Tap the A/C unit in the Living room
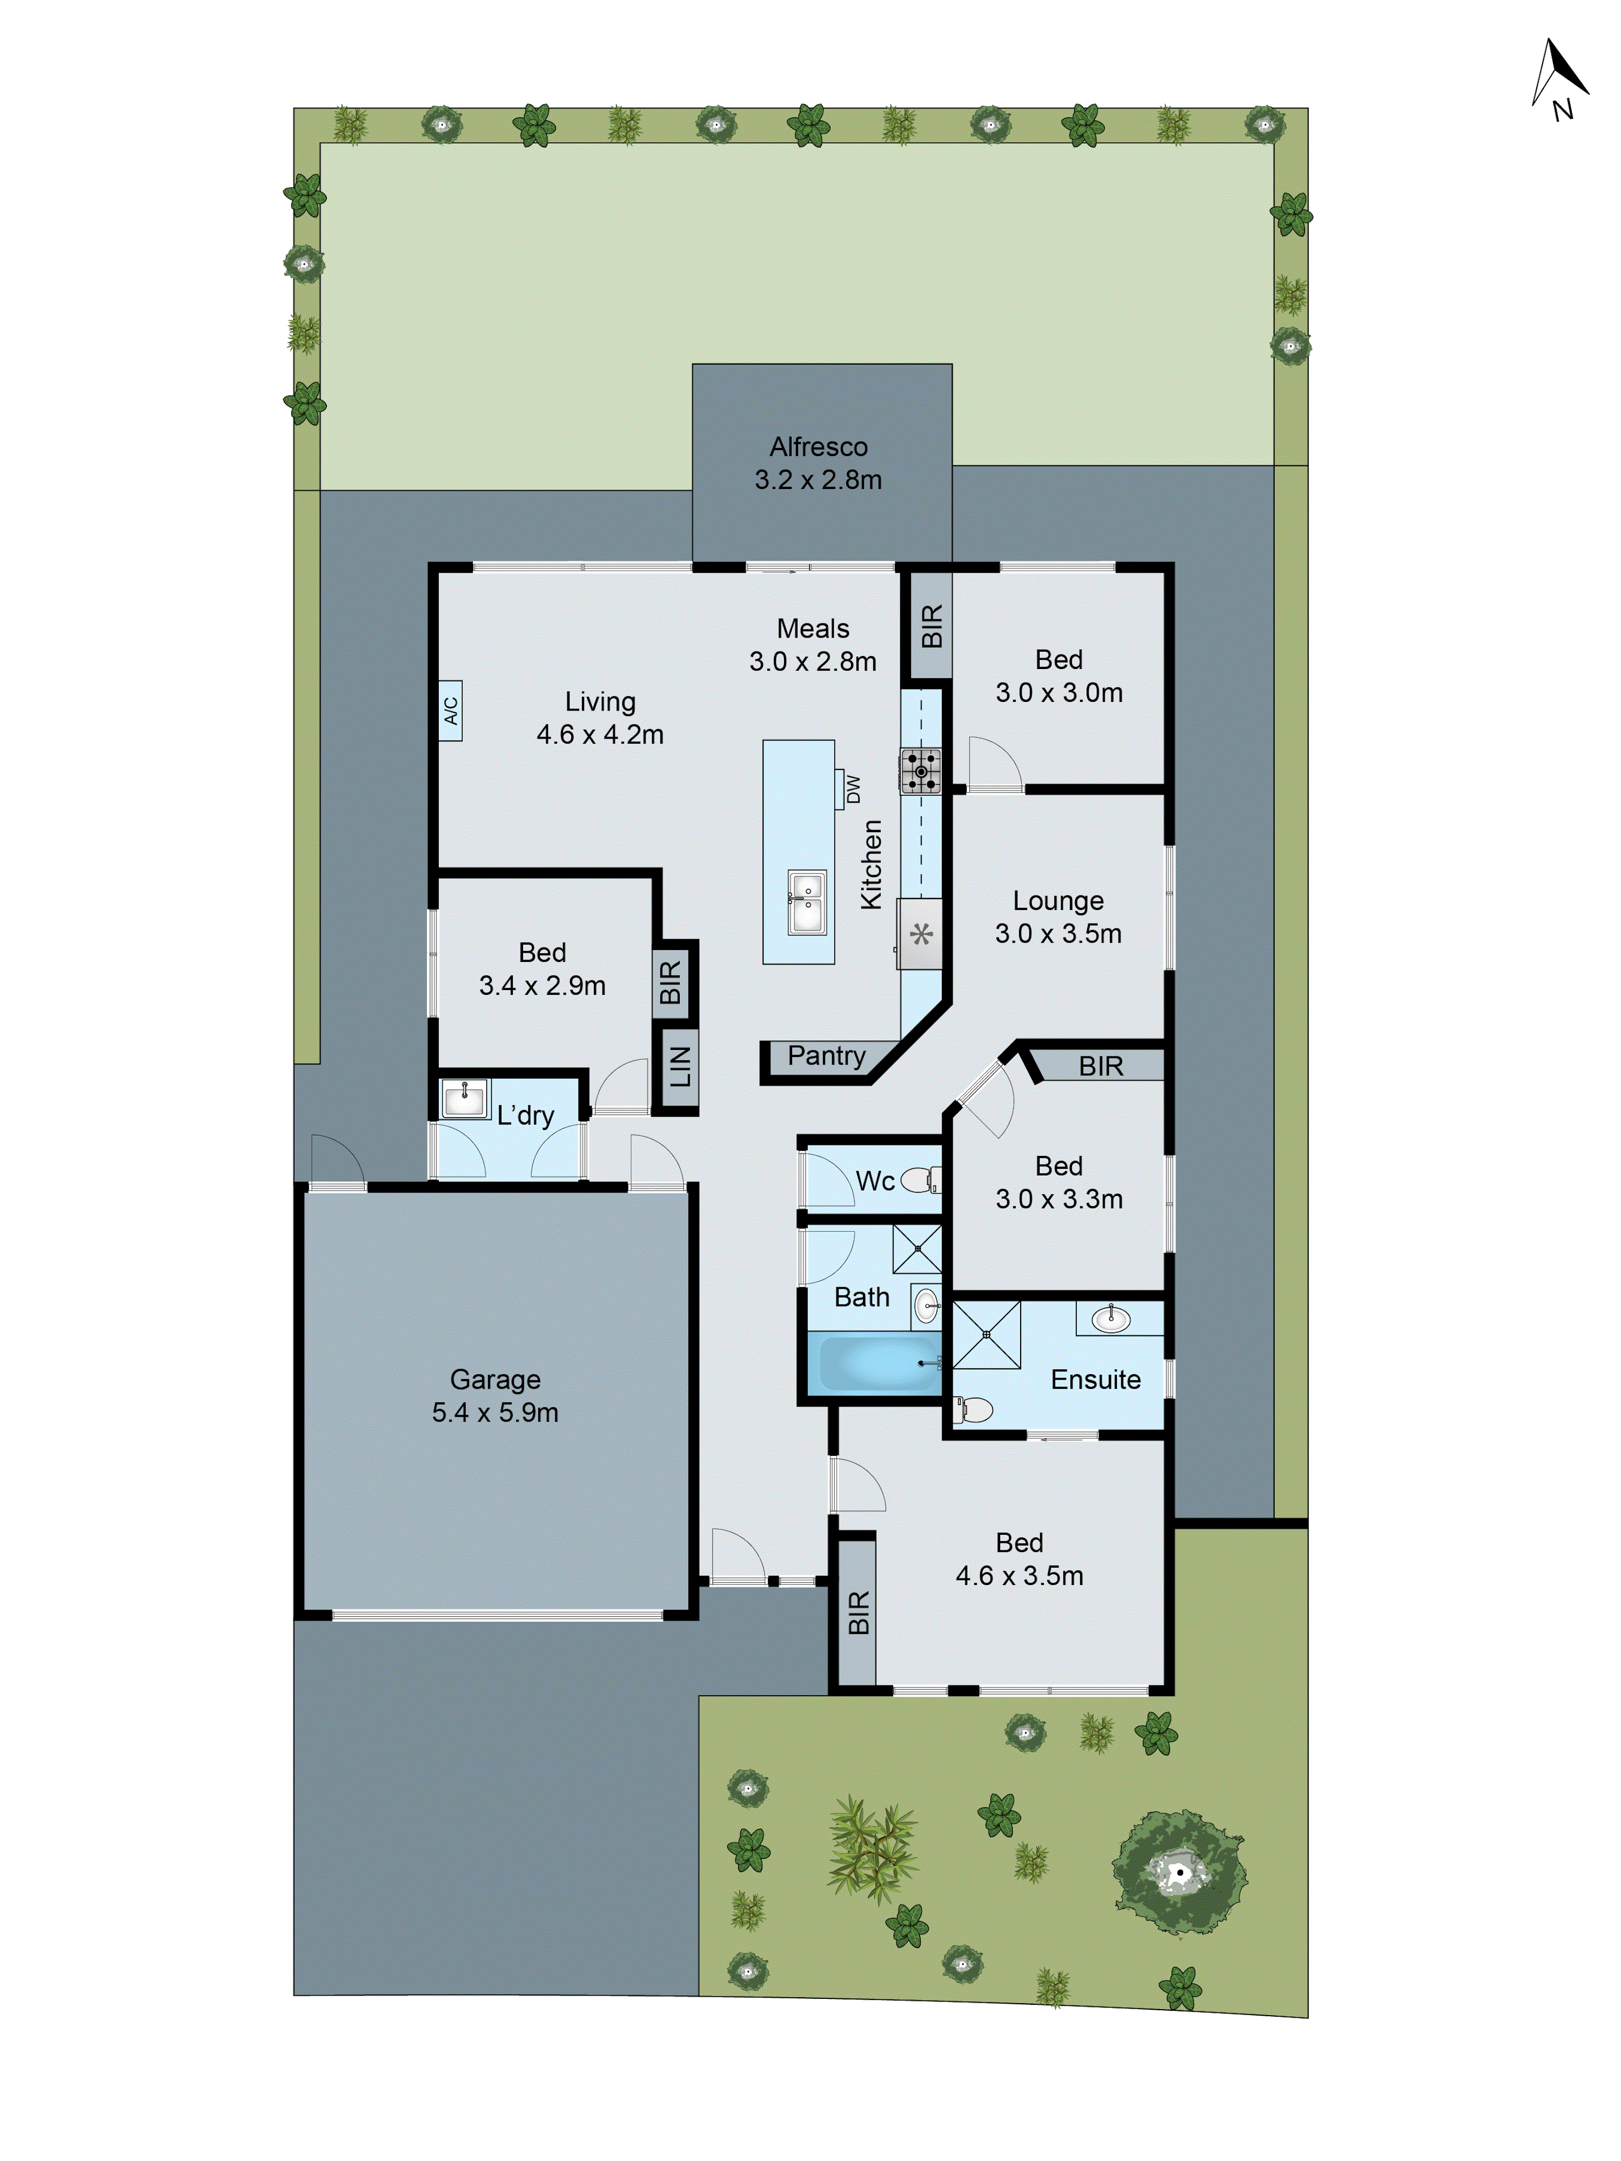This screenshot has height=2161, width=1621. click(x=451, y=710)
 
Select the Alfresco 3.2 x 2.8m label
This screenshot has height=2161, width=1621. click(x=818, y=463)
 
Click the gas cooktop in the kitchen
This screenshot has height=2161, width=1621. click(x=920, y=771)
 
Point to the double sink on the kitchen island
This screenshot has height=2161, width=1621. click(x=807, y=902)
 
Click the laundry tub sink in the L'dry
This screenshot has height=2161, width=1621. click(x=464, y=1098)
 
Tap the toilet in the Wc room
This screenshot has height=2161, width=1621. click(x=919, y=1180)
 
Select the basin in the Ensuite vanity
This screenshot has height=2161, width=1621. click(x=1111, y=1320)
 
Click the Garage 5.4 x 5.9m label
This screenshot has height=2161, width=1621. click(x=495, y=1395)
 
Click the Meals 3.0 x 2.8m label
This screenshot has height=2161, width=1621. click(x=813, y=645)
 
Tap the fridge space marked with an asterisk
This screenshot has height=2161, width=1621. click(x=920, y=934)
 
